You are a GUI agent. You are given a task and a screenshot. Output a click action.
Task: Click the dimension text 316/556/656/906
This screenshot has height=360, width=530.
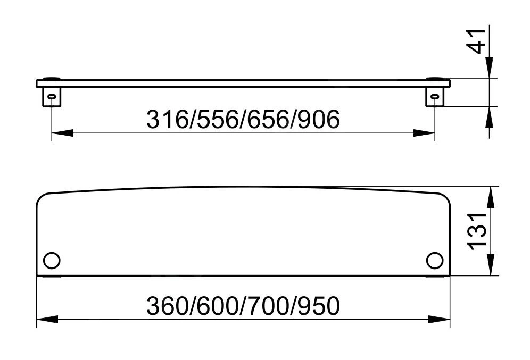[243, 120]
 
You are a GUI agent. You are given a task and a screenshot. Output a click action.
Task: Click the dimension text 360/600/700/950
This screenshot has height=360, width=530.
[243, 306]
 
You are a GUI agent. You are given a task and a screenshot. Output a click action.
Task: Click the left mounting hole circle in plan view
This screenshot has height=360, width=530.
[52, 261]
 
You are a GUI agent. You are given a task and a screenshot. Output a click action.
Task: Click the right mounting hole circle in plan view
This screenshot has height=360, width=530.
[434, 261]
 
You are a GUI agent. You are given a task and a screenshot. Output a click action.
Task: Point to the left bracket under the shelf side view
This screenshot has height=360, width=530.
[52, 96]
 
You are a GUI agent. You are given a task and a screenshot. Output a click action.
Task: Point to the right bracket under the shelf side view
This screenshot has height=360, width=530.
[435, 96]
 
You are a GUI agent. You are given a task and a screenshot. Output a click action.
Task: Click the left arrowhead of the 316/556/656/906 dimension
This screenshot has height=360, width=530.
[62, 133]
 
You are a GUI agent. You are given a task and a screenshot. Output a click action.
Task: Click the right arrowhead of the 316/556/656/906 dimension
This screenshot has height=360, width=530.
[424, 133]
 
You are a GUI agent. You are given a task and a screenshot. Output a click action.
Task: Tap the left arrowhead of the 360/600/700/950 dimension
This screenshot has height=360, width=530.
[47, 319]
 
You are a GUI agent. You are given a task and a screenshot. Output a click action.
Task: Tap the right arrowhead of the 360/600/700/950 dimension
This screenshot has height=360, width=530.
[440, 319]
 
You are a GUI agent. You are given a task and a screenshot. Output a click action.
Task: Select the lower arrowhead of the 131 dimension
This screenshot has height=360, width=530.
[490, 265]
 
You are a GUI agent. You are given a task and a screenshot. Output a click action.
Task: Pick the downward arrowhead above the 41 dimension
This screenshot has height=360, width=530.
[490, 68]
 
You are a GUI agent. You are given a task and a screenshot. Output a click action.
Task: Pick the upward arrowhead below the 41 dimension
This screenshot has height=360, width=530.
[490, 116]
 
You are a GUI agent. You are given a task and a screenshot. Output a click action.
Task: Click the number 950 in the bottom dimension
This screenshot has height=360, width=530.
[317, 306]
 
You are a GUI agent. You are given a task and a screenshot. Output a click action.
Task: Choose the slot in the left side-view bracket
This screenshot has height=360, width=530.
[52, 96]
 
